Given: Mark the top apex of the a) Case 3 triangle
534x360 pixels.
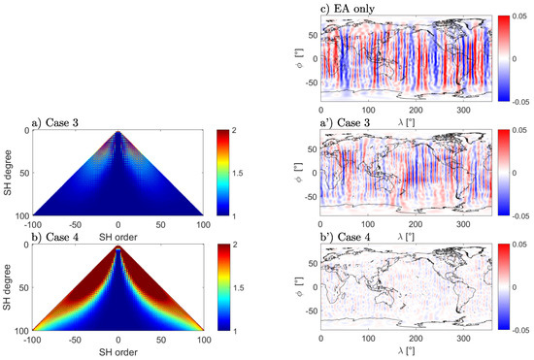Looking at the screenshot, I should click(118, 132).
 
